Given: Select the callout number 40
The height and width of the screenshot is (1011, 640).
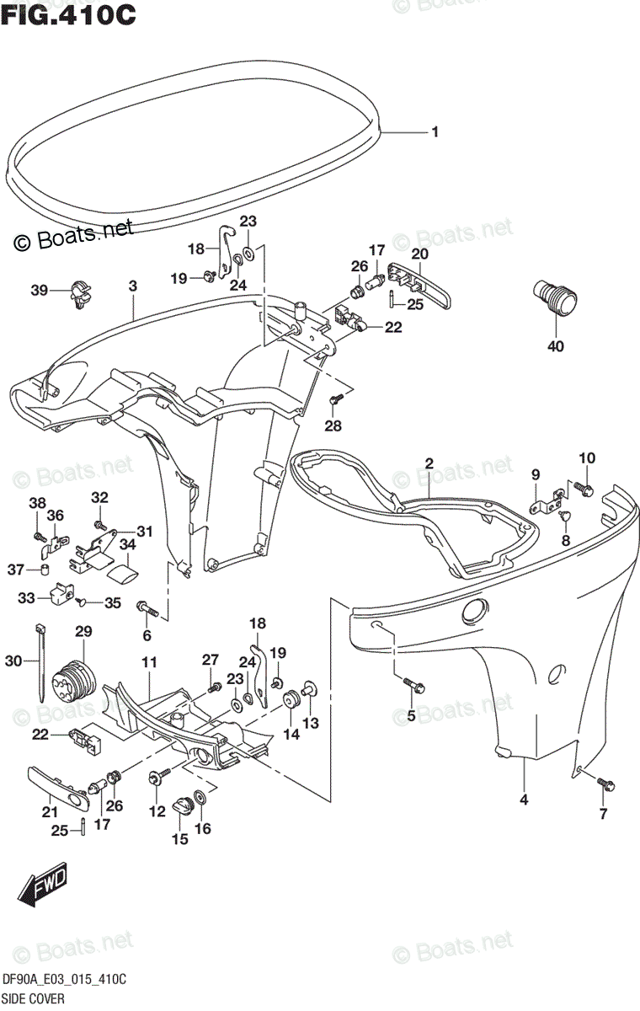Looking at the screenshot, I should pyautogui.click(x=555, y=345).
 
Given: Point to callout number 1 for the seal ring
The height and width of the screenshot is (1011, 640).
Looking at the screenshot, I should pyautogui.click(x=435, y=132).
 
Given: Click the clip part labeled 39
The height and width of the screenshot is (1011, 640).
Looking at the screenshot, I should pyautogui.click(x=80, y=292).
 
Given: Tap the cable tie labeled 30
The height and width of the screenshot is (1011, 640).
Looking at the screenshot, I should pyautogui.click(x=40, y=661).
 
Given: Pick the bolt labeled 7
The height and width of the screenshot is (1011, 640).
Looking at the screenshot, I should pyautogui.click(x=605, y=784).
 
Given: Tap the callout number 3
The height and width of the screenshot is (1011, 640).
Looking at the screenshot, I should pyautogui.click(x=132, y=286).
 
